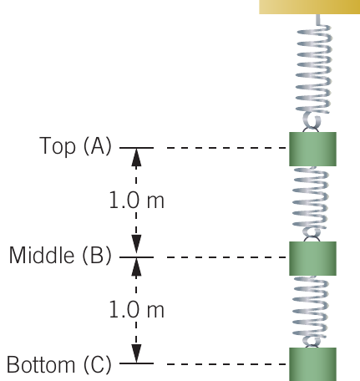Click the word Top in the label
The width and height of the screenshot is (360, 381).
[x=58, y=145]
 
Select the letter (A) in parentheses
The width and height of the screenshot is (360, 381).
[x=98, y=145]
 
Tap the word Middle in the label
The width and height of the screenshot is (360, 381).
[x=42, y=255]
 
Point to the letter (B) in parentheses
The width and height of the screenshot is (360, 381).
[x=97, y=255]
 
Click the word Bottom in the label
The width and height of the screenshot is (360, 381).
[x=41, y=364]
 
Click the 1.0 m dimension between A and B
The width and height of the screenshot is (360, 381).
[x=136, y=200]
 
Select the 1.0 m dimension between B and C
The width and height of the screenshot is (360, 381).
[x=136, y=309]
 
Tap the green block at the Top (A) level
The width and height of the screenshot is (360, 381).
[x=312, y=150]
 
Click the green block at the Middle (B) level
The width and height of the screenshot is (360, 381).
[x=312, y=258]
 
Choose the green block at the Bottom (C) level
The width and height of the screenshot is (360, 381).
[x=312, y=364]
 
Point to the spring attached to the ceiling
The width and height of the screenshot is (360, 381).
[x=314, y=74]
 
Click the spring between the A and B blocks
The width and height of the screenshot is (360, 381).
[x=310, y=204]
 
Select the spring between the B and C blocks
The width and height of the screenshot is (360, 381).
[x=310, y=312]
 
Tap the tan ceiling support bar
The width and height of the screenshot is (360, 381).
[x=310, y=7]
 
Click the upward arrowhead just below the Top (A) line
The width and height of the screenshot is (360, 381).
[x=136, y=157]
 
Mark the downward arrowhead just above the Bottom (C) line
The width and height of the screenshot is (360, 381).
[x=136, y=353]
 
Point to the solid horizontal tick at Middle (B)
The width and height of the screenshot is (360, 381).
[x=136, y=257]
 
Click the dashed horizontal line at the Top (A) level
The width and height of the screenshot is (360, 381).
[x=226, y=148]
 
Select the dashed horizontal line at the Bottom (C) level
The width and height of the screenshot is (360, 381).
[x=226, y=363]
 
